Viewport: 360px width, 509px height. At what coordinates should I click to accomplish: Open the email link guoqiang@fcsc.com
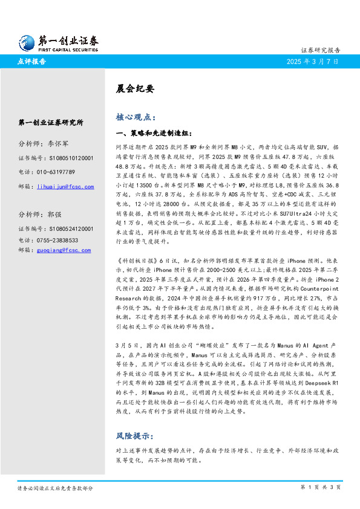[65, 249]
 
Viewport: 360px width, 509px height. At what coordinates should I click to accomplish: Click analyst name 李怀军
[58, 144]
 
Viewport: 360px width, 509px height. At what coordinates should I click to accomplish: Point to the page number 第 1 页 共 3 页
[321, 487]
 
